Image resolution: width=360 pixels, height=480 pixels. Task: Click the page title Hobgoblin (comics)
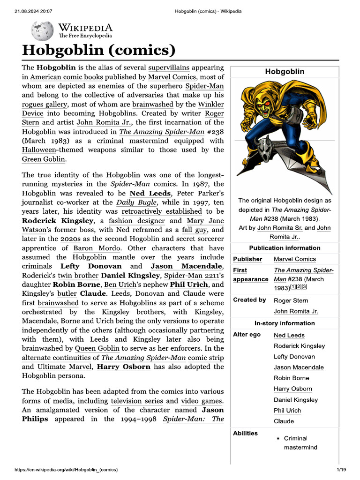[x=99, y=50]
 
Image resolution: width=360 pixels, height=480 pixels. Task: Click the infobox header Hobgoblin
[x=285, y=71]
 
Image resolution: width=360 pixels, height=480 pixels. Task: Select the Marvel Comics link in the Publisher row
[x=295, y=259]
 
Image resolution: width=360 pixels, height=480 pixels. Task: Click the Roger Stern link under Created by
[x=291, y=300]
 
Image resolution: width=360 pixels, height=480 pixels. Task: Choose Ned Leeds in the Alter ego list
[x=289, y=335]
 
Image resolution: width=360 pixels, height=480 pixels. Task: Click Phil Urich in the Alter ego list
[x=287, y=410]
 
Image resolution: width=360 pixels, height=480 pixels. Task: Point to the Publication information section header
[x=285, y=247]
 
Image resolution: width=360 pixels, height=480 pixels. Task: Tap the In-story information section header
[x=285, y=323]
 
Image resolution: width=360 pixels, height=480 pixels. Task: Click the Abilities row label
[x=245, y=433]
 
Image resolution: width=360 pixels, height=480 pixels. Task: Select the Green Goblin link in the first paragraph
[x=44, y=159]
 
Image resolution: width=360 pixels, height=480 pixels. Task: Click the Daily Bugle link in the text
[x=133, y=202]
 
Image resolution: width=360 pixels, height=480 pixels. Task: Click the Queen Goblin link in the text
[x=96, y=348]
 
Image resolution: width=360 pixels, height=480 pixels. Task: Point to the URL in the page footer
[x=66, y=469]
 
